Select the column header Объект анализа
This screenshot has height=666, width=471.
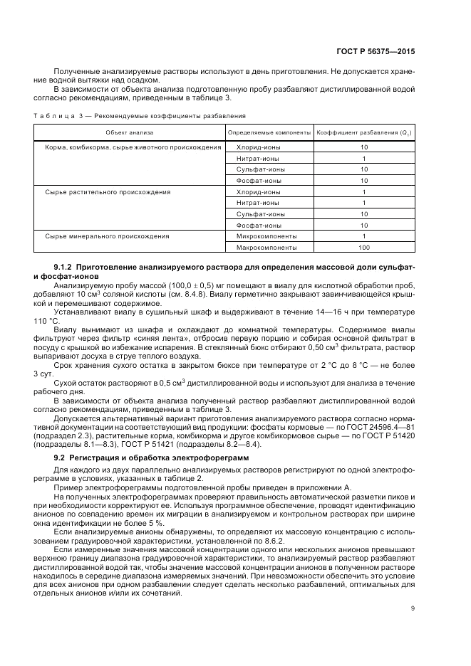click(130, 132)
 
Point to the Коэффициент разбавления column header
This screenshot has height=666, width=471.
click(363, 132)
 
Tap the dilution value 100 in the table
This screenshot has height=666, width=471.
click(364, 247)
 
